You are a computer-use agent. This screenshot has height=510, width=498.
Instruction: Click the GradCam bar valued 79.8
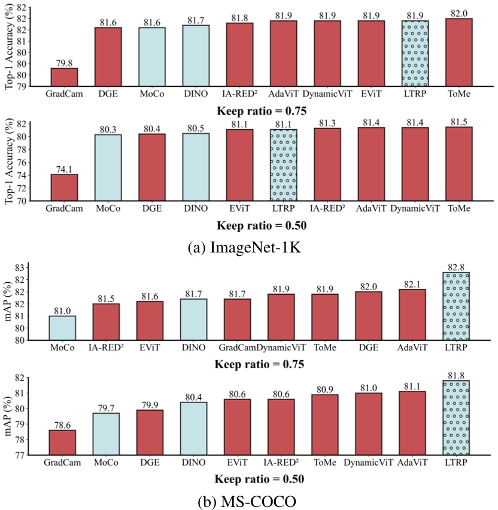pyautogui.click(x=64, y=77)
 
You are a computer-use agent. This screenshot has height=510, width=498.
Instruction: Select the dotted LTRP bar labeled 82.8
pyautogui.click(x=456, y=306)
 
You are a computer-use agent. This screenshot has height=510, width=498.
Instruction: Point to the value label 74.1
pyautogui.click(x=64, y=169)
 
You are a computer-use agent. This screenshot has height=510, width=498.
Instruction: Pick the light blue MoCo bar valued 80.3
pyautogui.click(x=108, y=167)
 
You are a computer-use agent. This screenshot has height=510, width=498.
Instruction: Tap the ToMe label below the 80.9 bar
pyautogui.click(x=325, y=463)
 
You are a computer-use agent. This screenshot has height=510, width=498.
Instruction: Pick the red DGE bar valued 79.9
pyautogui.click(x=151, y=432)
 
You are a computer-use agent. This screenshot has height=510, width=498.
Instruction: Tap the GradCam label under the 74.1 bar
pyautogui.click(x=64, y=209)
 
